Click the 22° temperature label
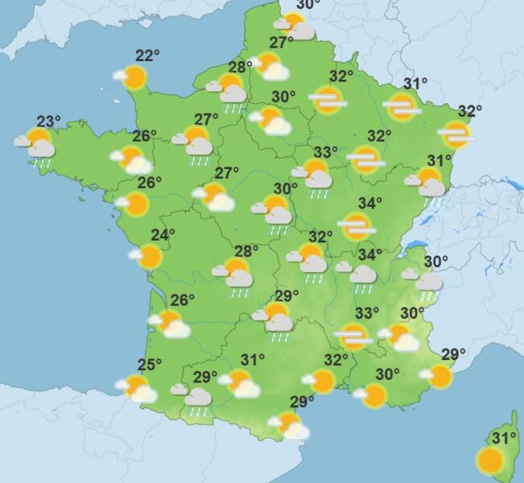click(x=147, y=56)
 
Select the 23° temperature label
click(x=48, y=122)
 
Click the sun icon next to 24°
click(x=148, y=257)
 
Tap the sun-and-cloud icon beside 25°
click(x=137, y=388)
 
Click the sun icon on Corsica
click(x=489, y=460)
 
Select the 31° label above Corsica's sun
click(x=504, y=438)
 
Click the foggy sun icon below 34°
click(x=357, y=226)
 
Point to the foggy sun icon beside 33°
click(x=352, y=335)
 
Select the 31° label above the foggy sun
click(x=415, y=84)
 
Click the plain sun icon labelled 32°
click(x=323, y=381)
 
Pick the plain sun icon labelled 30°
click(x=373, y=394)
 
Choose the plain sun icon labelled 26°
click(x=134, y=204)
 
